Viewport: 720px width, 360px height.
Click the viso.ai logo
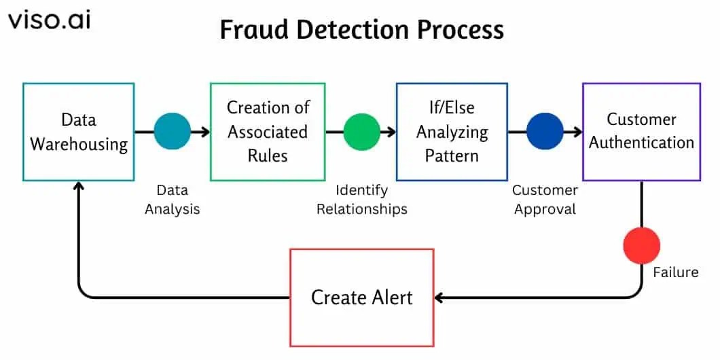[49, 20]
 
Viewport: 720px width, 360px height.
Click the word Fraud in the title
[251, 31]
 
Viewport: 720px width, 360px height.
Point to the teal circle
[173, 132]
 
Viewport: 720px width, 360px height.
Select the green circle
[362, 132]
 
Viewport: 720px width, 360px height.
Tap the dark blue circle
[545, 132]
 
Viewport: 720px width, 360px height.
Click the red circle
[641, 246]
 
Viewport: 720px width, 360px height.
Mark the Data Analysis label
[173, 200]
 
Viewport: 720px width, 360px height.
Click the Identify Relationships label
[362, 200]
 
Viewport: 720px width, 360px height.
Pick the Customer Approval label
[545, 200]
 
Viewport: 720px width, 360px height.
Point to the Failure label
[675, 272]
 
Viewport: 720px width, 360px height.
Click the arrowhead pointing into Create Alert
[438, 298]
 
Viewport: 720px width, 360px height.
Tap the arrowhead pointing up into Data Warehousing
[79, 185]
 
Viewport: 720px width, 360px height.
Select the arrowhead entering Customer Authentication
[577, 132]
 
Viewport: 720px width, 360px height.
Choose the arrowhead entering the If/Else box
[391, 132]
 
